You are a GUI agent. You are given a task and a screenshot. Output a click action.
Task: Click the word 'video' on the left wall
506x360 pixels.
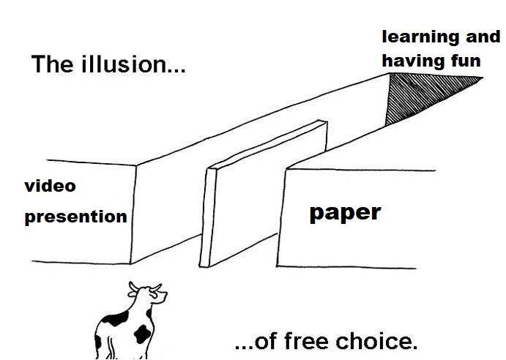(x=50, y=186)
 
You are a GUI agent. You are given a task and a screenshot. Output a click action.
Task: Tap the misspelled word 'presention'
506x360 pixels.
(x=75, y=217)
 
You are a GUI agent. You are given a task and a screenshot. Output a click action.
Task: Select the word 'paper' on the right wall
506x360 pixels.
(x=344, y=213)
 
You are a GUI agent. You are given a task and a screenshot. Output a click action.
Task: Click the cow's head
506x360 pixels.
(x=150, y=296)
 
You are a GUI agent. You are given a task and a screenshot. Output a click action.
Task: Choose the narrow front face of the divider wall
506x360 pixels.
(x=209, y=216)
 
